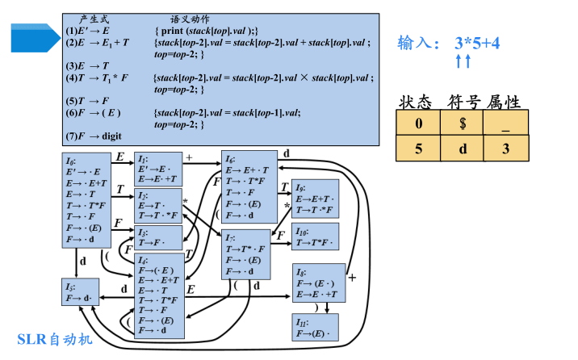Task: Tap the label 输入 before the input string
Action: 418,44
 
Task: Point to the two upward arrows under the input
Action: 463,61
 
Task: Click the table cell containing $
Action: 462,123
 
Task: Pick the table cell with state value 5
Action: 418,149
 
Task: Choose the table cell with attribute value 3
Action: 505,149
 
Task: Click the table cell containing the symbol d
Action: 462,149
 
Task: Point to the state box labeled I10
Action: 315,237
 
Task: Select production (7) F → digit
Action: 94,136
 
